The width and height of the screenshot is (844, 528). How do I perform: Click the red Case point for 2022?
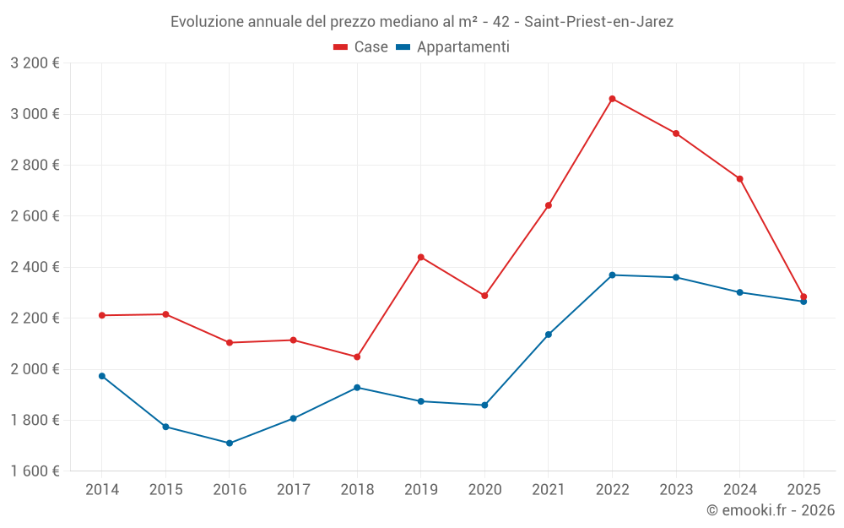612,99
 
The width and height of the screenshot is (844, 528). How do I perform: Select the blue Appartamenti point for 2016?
230,443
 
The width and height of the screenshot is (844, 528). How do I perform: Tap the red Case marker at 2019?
420,257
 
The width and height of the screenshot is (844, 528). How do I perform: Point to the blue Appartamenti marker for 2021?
549,335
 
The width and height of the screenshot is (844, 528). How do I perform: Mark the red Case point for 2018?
357,357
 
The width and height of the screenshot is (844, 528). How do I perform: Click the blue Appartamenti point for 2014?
102,376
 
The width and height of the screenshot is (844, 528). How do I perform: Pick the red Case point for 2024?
739,178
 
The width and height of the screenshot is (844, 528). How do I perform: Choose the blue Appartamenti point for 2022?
612,275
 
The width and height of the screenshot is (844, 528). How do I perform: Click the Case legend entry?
361,47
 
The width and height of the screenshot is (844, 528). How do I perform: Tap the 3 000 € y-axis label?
35,114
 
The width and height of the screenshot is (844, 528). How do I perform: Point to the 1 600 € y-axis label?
35,471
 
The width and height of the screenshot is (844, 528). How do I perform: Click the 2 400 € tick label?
35,267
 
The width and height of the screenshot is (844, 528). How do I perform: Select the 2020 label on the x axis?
484,489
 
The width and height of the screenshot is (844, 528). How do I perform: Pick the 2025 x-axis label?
803,489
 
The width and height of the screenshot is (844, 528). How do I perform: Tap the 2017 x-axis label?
293,489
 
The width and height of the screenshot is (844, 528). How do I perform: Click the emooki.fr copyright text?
770,510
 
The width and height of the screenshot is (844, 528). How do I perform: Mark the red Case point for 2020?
484,296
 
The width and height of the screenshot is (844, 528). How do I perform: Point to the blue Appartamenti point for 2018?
357,388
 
